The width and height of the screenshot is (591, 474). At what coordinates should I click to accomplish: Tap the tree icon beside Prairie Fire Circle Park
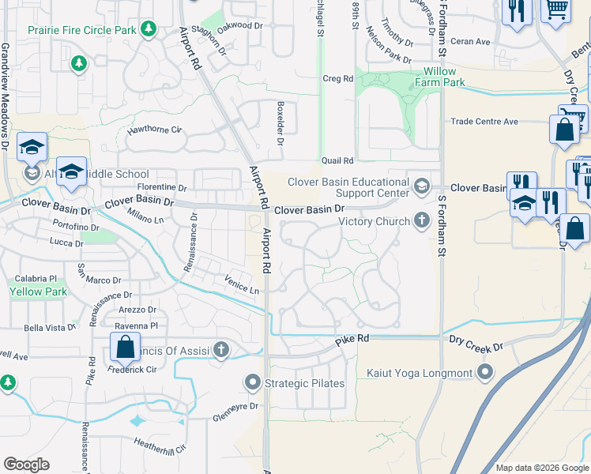click(x=148, y=29)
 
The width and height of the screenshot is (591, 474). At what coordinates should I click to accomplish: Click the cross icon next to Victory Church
click(x=422, y=221)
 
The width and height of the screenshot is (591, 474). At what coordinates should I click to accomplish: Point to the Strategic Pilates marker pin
click(x=253, y=383)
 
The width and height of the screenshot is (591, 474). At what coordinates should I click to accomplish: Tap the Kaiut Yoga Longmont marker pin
click(x=485, y=371)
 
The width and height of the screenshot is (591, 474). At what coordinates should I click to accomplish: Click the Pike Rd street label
click(x=352, y=340)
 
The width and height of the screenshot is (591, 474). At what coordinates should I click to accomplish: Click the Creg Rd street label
click(x=337, y=79)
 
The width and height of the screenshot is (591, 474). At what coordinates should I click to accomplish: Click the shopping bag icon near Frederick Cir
click(x=125, y=345)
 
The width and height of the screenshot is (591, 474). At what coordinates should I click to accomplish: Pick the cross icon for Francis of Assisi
click(x=220, y=349)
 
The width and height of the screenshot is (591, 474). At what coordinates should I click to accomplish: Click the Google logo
click(x=26, y=465)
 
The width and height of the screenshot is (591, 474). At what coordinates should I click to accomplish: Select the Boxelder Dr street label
click(x=279, y=122)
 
